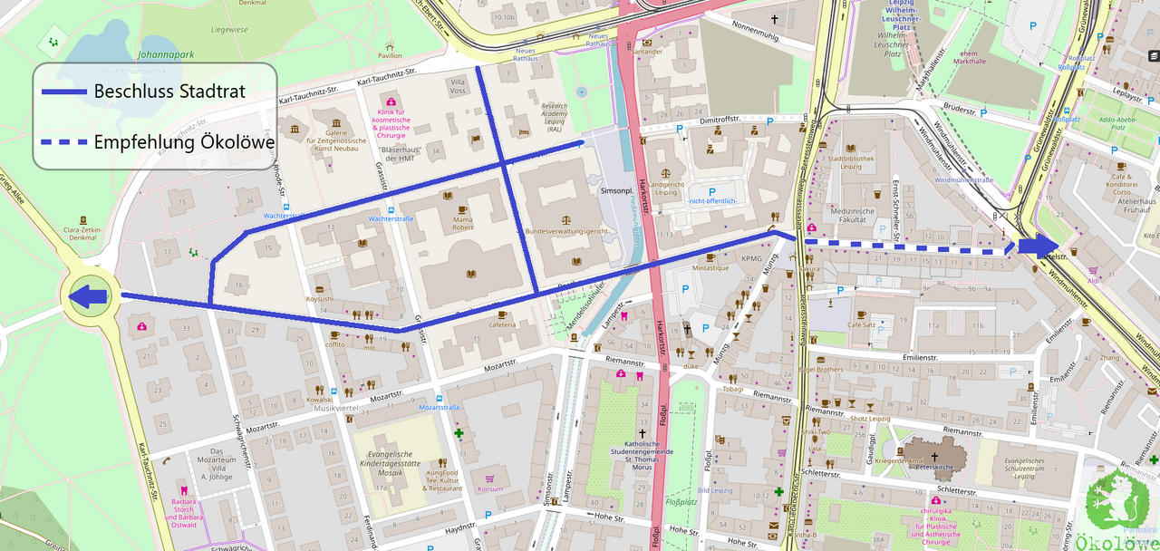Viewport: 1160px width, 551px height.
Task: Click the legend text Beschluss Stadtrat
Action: (169, 92)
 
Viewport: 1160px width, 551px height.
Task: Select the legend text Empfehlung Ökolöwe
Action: (184, 141)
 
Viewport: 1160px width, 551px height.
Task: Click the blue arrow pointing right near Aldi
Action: (1039, 246)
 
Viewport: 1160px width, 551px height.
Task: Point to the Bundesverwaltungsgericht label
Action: (565, 232)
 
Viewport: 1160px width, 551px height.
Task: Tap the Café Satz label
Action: (861, 324)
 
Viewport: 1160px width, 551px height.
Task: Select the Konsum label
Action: (489, 489)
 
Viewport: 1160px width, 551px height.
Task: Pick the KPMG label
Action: (752, 258)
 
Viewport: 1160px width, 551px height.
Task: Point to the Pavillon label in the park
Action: (390, 55)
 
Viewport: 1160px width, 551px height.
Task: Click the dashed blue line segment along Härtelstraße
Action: (906, 246)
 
